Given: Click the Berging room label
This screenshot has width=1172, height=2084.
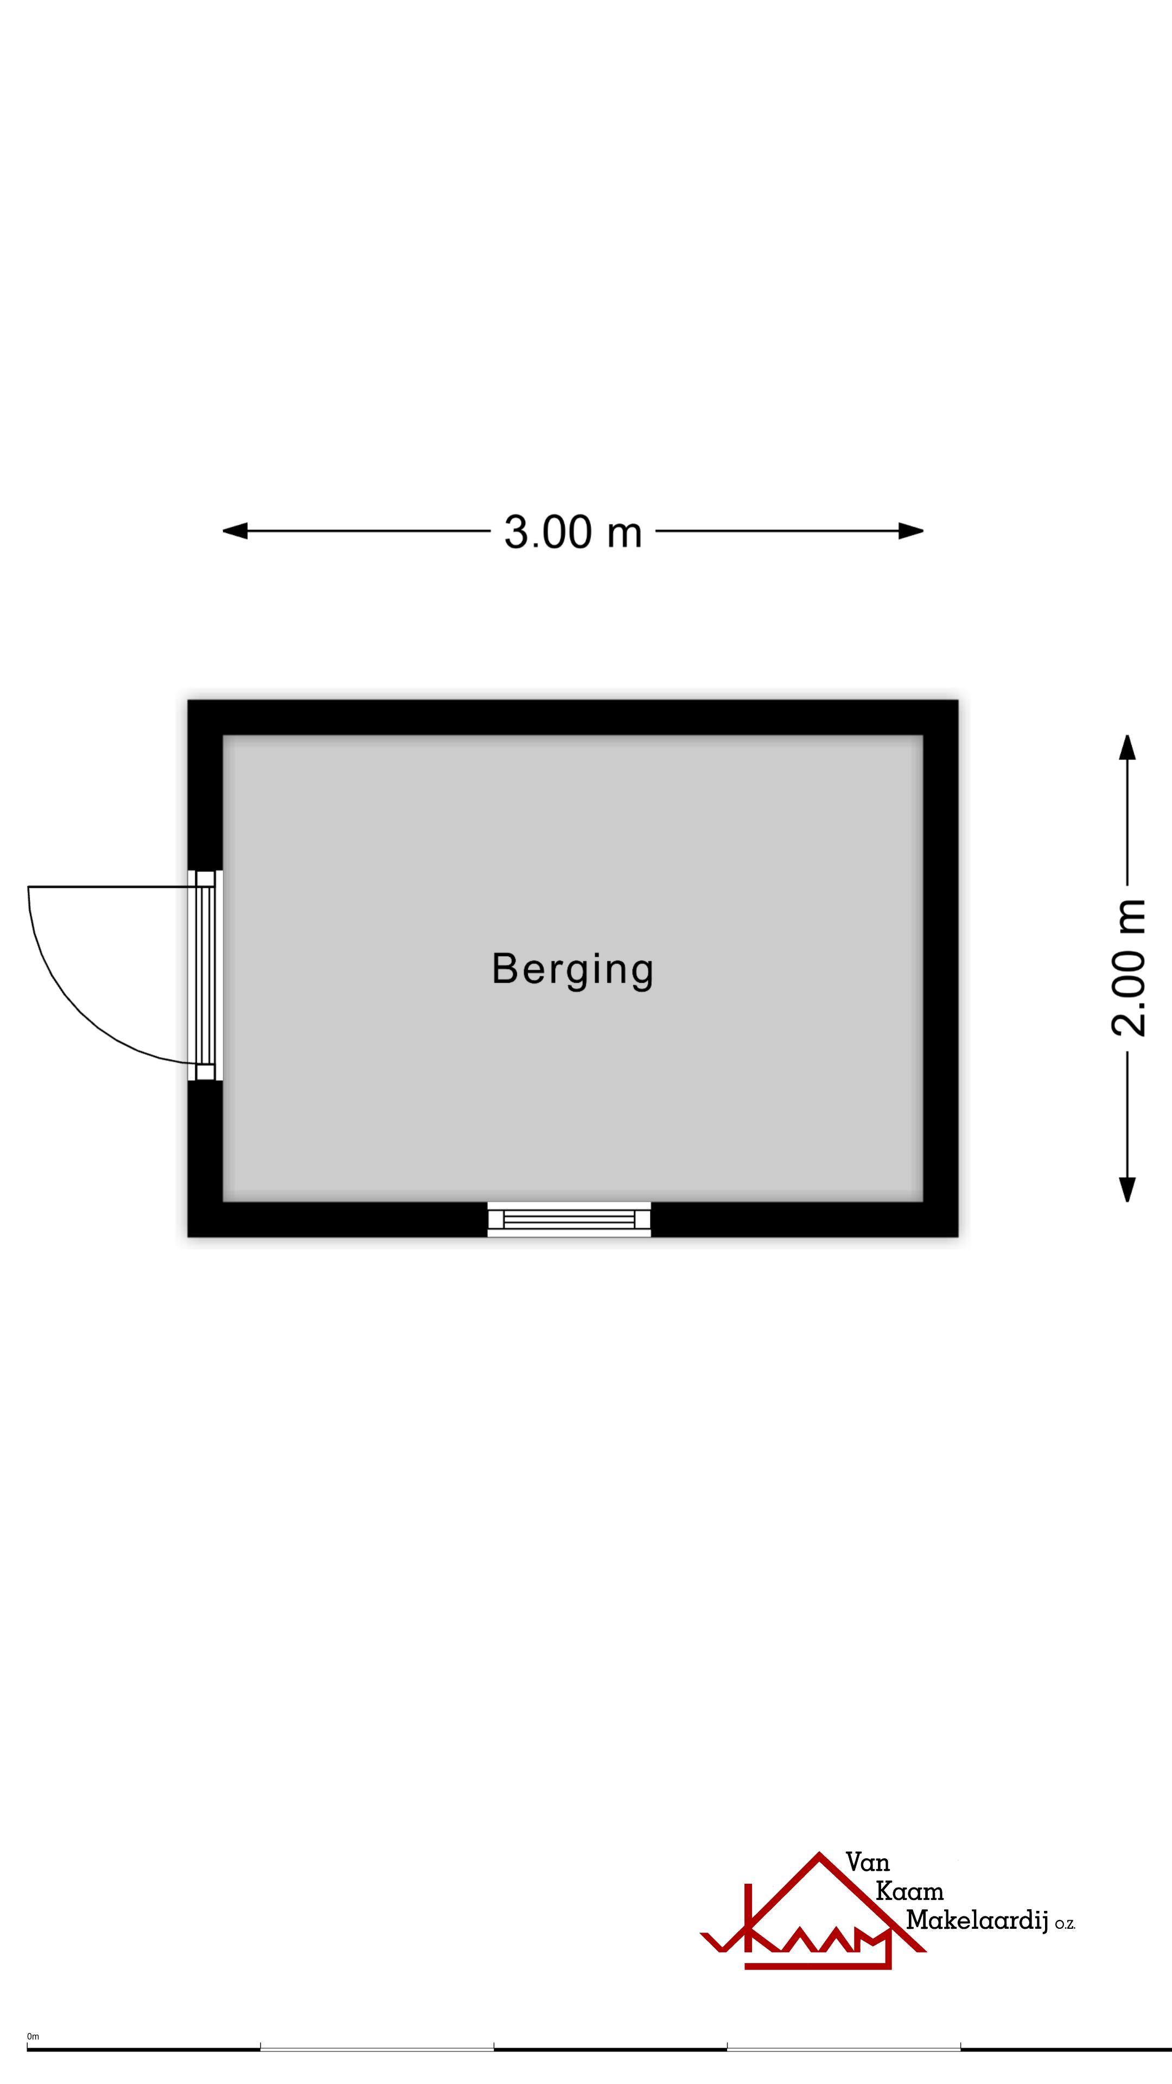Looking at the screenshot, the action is click(572, 970).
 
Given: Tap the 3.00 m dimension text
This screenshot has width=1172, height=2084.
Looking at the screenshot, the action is click(572, 532).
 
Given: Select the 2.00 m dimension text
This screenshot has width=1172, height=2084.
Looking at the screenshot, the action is click(1129, 968).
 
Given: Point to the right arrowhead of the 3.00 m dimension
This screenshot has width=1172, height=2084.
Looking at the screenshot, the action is click(911, 531).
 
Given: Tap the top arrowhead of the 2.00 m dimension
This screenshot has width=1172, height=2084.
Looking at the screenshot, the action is click(1128, 747).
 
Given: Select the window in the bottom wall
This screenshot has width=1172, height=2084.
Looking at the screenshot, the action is click(569, 1219).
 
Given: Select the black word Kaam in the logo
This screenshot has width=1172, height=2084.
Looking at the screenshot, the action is click(910, 1891).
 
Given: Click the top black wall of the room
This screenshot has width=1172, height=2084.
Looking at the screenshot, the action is click(572, 717).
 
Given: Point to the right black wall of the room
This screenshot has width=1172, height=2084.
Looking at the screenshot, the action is click(941, 968).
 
